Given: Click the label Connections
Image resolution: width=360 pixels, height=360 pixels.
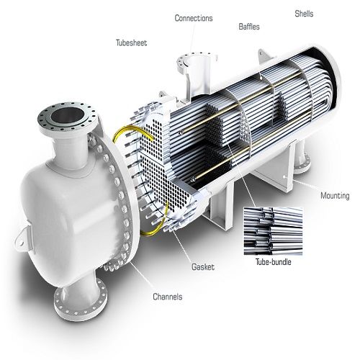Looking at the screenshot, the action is tap(194, 18).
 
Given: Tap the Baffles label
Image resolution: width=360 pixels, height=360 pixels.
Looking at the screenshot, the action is tap(249, 27).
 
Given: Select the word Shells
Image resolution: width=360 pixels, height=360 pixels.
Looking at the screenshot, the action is tap(304, 14).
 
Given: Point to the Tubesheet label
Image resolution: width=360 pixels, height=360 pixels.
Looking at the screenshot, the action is tap(131, 42).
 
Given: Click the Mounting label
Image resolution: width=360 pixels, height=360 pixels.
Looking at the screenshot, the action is tap(335, 196).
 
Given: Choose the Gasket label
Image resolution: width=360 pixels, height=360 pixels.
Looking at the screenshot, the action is tap(203, 267).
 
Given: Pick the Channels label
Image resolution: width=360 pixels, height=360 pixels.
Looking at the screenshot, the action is tap(168, 297).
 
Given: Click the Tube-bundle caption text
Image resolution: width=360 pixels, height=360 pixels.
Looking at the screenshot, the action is tap(273, 261).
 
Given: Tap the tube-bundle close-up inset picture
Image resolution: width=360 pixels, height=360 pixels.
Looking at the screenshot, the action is tap(273, 231).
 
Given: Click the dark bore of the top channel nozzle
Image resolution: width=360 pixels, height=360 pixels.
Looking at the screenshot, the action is tap(68, 115).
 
